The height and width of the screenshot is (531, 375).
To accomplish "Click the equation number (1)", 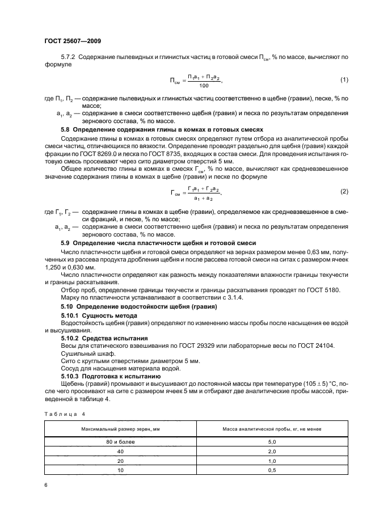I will [343, 78].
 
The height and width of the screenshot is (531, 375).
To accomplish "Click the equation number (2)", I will [343, 192].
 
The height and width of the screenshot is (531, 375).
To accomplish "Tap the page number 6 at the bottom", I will [45, 485].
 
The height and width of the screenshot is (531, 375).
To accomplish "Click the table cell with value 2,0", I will [271, 451].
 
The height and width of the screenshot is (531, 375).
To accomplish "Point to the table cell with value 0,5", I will [271, 470].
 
